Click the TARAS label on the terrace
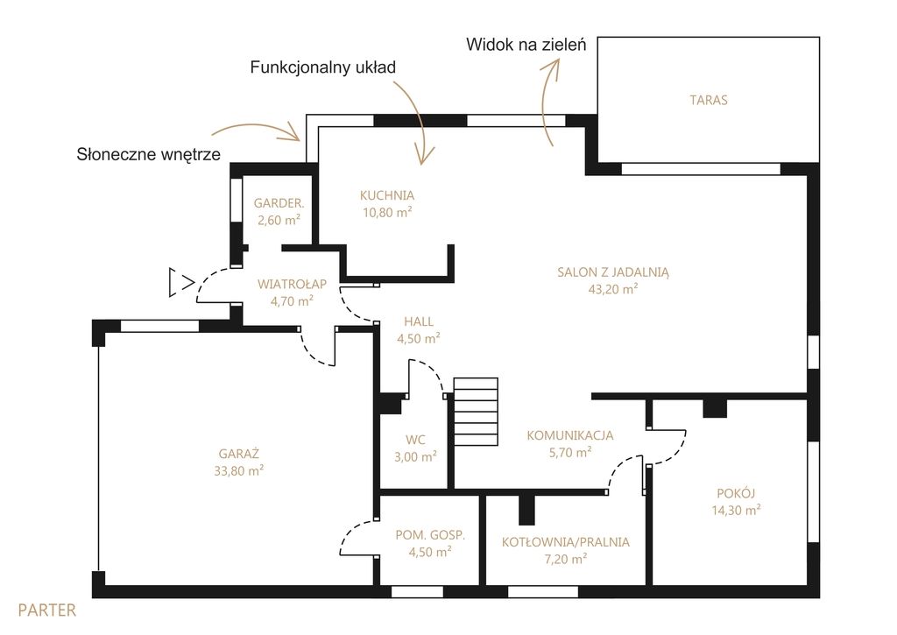708,100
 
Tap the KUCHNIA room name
386,195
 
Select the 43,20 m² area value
612,289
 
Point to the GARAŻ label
238,454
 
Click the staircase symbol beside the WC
476,412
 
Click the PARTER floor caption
47,610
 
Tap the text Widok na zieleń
526,45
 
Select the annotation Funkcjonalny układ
322,67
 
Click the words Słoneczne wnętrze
149,154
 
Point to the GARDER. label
279,203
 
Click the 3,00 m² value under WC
415,456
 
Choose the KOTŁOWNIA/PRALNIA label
565,542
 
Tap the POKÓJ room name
736,493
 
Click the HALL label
418,321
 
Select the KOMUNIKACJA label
569,435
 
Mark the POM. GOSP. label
430,535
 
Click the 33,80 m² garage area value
238,471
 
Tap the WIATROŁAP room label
292,284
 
